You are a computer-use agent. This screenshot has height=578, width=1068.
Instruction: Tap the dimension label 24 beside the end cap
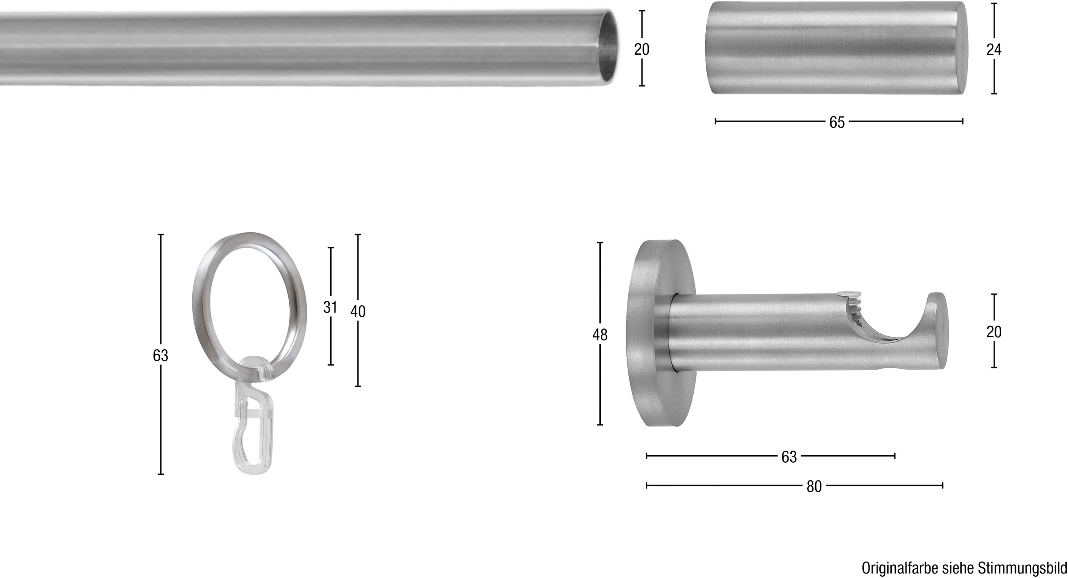pos(994,50)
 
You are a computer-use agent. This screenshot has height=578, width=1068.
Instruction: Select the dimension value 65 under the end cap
pos(837,122)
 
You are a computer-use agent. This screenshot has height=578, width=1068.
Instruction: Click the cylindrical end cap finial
pos(837,48)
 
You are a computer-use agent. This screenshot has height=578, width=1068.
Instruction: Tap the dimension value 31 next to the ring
pos(330,307)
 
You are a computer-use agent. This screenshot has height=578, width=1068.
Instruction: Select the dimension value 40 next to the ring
pos(358,312)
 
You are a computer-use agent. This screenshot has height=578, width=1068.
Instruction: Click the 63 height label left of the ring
pos(161,356)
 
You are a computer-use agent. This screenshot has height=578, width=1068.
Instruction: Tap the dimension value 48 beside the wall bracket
pos(600,335)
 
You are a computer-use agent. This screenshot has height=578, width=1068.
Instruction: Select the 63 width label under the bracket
pos(789,457)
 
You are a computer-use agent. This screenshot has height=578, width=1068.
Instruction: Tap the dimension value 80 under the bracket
pos(814,487)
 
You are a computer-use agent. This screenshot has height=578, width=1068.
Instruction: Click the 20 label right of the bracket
pos(994,332)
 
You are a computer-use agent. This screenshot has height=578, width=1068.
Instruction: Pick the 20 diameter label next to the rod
pos(642,49)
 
